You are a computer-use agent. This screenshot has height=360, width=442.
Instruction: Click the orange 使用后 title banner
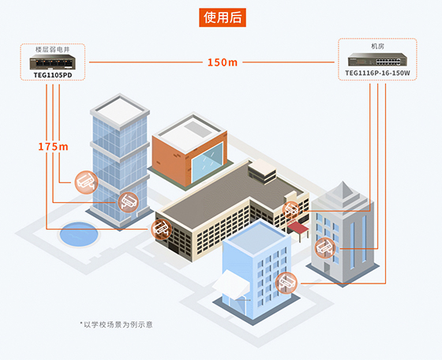[223, 17]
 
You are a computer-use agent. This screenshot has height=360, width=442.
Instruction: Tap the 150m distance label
[223, 62]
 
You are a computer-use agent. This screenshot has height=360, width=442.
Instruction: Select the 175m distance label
[53, 147]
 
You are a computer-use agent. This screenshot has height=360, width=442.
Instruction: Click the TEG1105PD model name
[53, 75]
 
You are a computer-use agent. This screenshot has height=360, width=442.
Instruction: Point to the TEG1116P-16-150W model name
[377, 73]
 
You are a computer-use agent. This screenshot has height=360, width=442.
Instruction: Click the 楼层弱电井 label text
[52, 50]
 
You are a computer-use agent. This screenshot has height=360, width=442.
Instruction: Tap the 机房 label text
[377, 46]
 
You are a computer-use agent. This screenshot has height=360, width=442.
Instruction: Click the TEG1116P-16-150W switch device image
[377, 59]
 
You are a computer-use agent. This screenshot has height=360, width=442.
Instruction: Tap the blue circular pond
[79, 234]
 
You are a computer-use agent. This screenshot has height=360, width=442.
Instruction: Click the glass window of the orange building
[208, 162]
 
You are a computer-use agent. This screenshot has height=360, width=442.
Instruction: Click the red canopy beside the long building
[298, 227]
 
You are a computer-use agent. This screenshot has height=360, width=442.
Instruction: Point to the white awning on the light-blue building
[231, 284]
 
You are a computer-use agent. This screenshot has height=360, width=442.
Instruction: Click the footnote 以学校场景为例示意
[116, 324]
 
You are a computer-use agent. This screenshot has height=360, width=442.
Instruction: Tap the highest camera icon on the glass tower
[86, 182]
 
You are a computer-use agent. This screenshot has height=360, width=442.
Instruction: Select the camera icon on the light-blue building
[287, 283]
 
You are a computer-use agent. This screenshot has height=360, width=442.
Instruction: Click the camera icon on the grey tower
[325, 248]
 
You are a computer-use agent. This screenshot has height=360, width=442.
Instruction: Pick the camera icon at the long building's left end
[162, 229]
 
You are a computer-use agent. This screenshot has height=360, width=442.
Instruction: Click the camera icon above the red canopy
[291, 210]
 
